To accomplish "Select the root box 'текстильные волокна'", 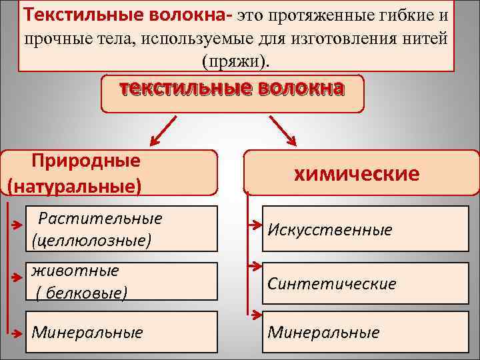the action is (232, 91).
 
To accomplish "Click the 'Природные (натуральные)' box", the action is (110, 172).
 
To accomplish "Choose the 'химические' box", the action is (356, 173).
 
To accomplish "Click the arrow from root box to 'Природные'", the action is (162, 131).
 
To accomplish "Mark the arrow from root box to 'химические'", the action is (283, 131).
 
